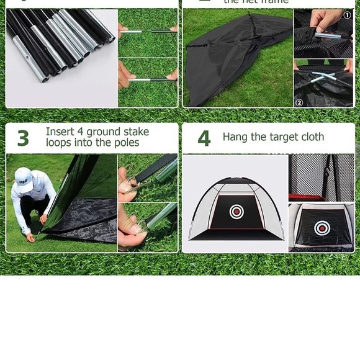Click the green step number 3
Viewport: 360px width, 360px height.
pyautogui.click(x=23, y=138)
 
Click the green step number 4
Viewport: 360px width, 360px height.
pyautogui.click(x=204, y=138)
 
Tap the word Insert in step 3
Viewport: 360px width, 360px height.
pyautogui.click(x=60, y=132)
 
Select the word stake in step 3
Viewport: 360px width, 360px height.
pyautogui.click(x=136, y=132)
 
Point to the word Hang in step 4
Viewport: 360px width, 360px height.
pyautogui.click(x=235, y=137)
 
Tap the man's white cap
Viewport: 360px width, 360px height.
pyautogui.click(x=23, y=175)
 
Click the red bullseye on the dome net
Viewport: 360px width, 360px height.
pyautogui.click(x=236, y=212)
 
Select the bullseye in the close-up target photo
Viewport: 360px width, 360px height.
pyautogui.click(x=322, y=228)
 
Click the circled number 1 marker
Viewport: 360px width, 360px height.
pyautogui.click(x=347, y=15)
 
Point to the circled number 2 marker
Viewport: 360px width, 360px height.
pyautogui.click(x=299, y=102)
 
